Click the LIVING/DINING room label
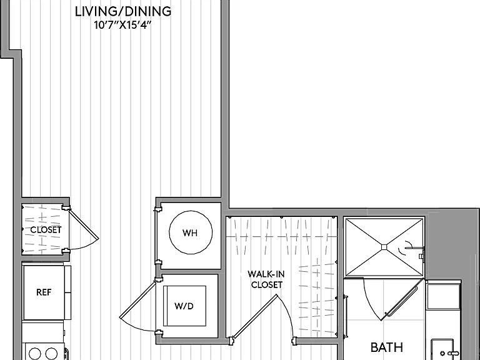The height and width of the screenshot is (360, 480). click(x=123, y=12)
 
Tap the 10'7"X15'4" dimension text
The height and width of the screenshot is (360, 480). click(x=123, y=25)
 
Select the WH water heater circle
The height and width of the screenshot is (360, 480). click(x=191, y=232)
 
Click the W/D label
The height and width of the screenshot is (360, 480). click(x=184, y=306)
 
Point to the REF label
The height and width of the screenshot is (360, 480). click(x=44, y=292)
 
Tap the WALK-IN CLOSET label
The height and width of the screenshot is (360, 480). click(x=266, y=279)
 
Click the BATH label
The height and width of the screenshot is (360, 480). click(x=387, y=347)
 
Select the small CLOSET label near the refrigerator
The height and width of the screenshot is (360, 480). click(x=46, y=229)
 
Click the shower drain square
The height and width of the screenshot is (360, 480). click(x=384, y=247)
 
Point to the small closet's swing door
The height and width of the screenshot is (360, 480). click(x=83, y=224)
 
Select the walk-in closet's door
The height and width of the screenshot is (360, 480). click(x=255, y=317)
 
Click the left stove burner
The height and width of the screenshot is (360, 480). click(x=34, y=354)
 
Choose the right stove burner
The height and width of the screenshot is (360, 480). click(x=51, y=354)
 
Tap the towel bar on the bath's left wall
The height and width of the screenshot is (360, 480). click(x=346, y=316)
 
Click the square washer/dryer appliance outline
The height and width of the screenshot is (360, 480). click(x=184, y=306)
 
